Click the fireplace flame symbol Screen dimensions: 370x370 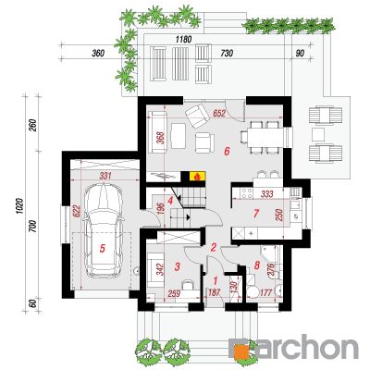pos(198,177)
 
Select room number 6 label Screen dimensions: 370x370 pos(227,152)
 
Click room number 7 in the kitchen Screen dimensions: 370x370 pos(255,213)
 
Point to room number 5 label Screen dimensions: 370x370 pos(103,248)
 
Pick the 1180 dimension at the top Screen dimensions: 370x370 pos(183,40)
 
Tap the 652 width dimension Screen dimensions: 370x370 pos(219,114)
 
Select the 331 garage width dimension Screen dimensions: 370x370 pos(105,176)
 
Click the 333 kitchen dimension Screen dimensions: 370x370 pos(267,194)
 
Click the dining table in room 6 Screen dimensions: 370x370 pos(265,137)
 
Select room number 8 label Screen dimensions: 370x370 pos(256,265)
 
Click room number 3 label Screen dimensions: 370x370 pos(177,266)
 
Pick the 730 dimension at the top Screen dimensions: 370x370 pos(227,54)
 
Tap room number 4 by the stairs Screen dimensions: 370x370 pos(170,201)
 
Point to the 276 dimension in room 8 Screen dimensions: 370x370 pos(271,271)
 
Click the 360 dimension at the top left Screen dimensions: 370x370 pos(98,54)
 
